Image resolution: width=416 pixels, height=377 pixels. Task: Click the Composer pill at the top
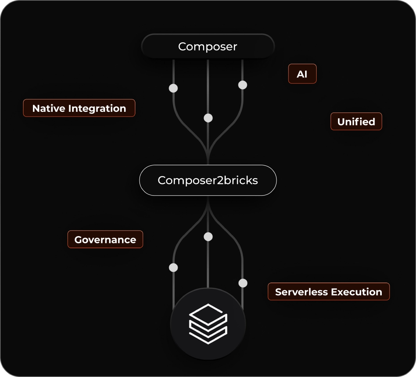208,46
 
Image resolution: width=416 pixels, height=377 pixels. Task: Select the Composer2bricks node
208,181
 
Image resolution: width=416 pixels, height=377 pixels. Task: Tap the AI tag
302,74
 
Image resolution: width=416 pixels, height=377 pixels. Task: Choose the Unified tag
356,122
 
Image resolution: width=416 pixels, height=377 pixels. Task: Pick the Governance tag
105,240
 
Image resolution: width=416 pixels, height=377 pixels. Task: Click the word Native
49,108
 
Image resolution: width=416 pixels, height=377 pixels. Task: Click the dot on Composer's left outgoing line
173,88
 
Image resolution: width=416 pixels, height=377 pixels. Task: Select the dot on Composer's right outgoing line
243,85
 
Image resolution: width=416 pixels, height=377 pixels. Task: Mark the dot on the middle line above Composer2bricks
208,118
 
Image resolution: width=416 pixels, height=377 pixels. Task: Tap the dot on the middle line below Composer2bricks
208,237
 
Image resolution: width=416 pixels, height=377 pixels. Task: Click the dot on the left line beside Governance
173,267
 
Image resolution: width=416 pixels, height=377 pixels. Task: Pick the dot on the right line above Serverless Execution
243,283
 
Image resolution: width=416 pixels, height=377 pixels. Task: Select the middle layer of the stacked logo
208,327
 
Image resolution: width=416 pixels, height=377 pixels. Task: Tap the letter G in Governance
78,240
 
